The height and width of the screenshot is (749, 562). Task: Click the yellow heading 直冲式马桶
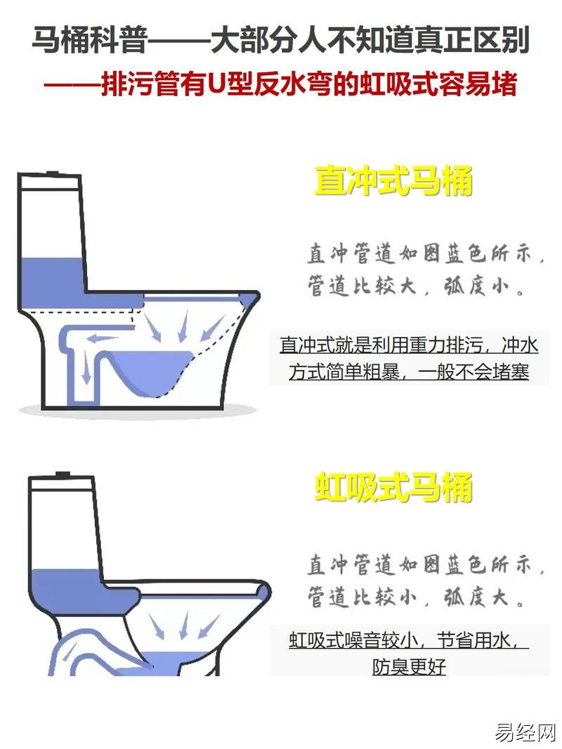click(x=393, y=180)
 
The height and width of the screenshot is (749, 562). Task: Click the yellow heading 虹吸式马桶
click(x=393, y=486)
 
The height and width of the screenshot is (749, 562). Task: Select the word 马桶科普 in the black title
click(x=89, y=39)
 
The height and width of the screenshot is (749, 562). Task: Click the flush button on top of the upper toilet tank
click(x=52, y=172)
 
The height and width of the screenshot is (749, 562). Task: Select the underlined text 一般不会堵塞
click(x=473, y=372)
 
